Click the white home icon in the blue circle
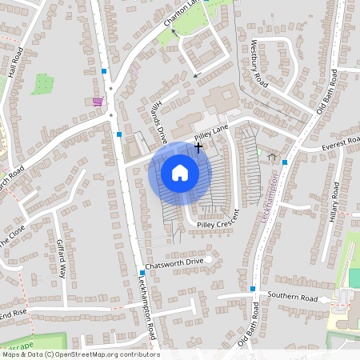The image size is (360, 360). pos(180,173)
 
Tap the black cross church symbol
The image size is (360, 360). pos(198,147)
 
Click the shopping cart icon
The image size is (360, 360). pos(98,102)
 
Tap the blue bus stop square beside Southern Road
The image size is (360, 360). pos(253,288)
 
